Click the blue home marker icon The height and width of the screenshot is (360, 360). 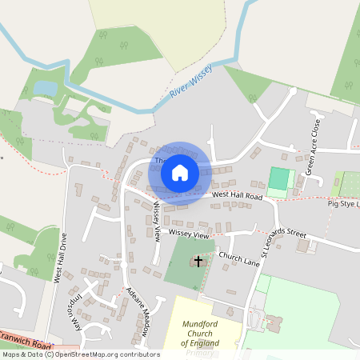180,171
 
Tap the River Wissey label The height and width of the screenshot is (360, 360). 190,82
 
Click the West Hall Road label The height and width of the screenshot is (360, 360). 238,195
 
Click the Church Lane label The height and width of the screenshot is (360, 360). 240,258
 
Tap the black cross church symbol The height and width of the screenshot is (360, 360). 198,262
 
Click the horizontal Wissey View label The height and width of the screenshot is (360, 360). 190,235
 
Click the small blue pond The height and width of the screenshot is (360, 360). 45,86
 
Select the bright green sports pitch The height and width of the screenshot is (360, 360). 279,178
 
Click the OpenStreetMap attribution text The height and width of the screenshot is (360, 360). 80,354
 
